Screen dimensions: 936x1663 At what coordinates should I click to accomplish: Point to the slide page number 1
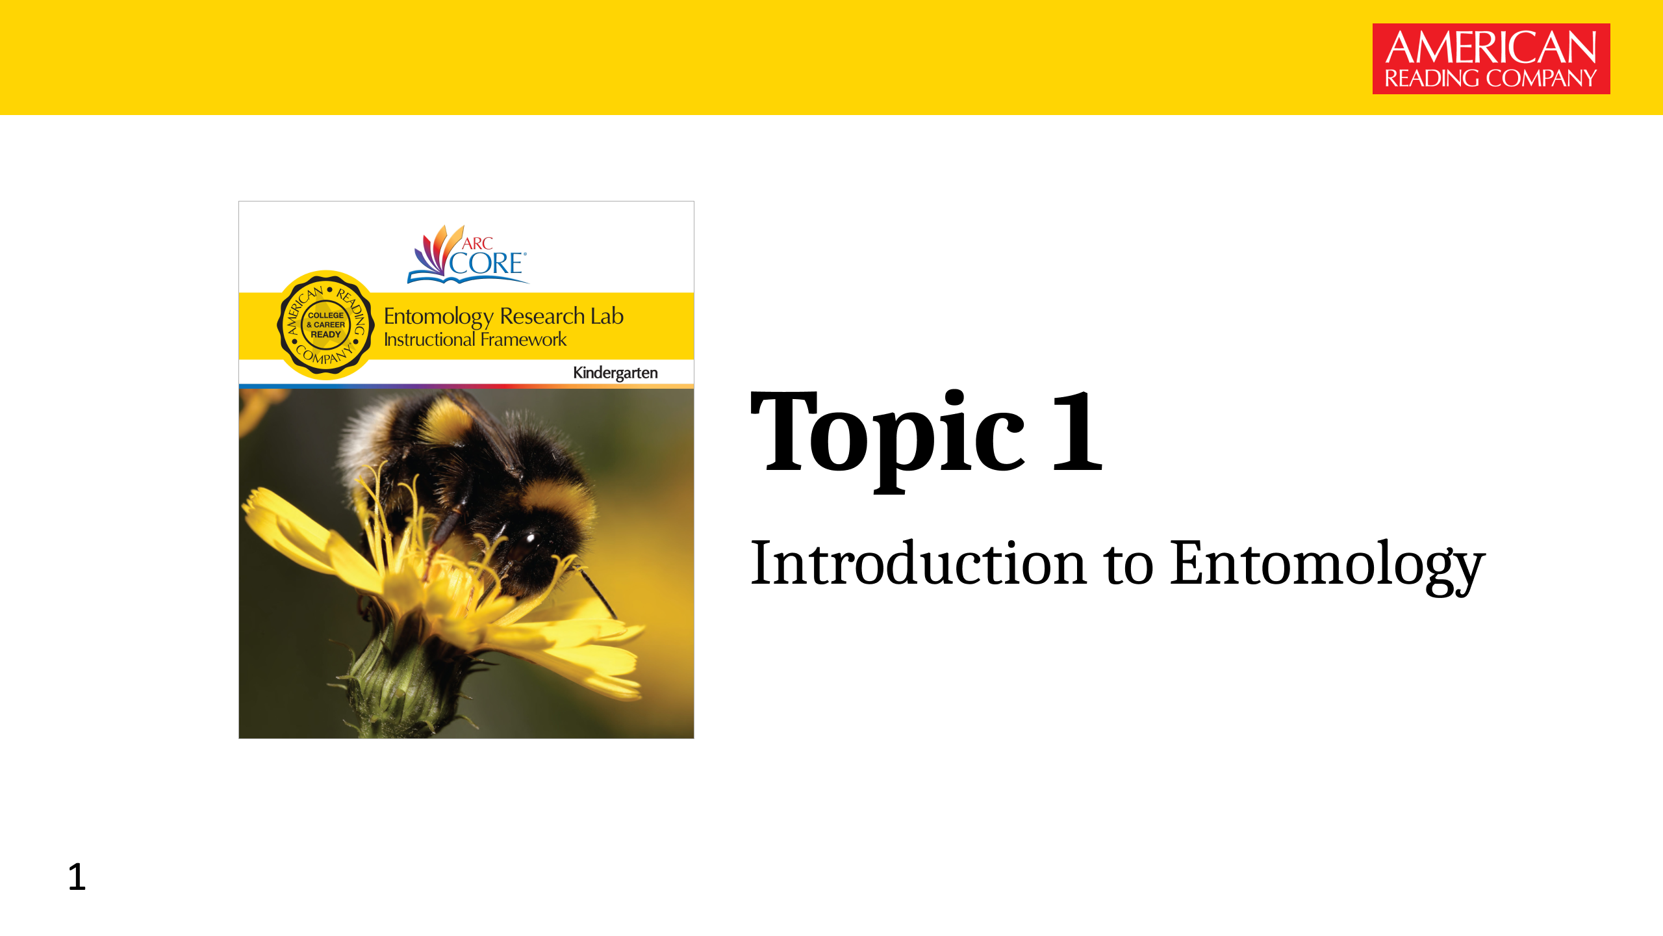point(77,877)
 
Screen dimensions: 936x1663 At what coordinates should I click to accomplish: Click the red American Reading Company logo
point(1491,59)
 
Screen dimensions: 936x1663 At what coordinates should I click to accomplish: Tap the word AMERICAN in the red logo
point(1491,47)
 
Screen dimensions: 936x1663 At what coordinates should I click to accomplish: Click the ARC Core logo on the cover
point(468,255)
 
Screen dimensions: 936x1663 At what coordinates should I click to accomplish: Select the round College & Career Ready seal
point(326,324)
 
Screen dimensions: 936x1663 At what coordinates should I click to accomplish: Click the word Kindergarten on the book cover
point(615,373)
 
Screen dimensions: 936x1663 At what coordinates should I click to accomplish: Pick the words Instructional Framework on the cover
point(475,340)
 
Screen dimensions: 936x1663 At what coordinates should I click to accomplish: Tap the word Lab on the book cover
point(607,317)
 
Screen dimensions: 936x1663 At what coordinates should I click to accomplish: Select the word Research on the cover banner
point(542,317)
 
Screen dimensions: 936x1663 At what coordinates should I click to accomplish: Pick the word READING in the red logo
point(1432,79)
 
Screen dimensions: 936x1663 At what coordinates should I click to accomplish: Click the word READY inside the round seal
point(326,334)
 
